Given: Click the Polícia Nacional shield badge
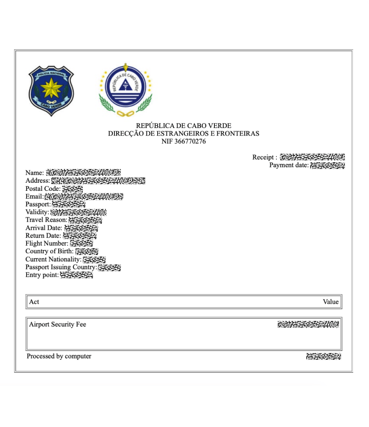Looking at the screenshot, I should [x=51, y=90].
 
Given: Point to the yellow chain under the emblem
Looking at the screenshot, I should [x=126, y=113].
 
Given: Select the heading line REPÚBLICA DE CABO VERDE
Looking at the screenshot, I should [x=184, y=126].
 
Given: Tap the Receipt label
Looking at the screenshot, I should [x=264, y=157].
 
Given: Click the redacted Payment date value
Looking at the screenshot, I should [x=327, y=165].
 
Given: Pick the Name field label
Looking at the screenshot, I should [x=35, y=173].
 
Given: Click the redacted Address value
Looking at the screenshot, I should [x=98, y=181].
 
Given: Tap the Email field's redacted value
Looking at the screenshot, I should [x=84, y=196].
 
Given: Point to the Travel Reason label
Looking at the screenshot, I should [x=46, y=220].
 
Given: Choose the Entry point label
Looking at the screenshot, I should [x=42, y=275].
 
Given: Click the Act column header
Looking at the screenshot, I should [x=34, y=302].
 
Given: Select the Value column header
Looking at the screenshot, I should [x=331, y=302].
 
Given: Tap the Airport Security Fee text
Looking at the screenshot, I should [x=58, y=324].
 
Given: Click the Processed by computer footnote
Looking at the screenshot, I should [x=59, y=356].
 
